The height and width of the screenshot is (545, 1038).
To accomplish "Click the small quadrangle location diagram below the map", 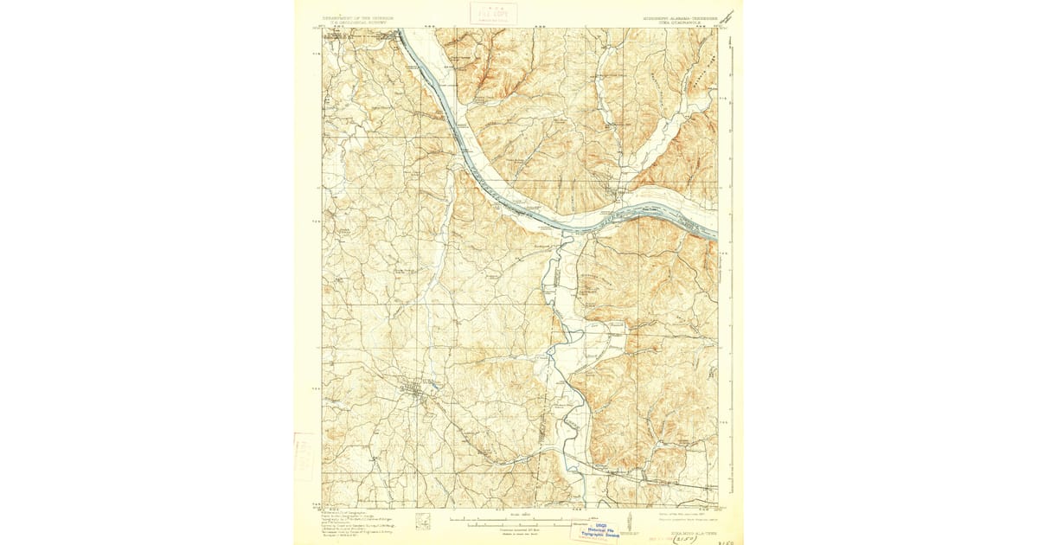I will point(423,521).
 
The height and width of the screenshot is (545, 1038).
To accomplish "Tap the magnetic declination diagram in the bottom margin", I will point(638,525).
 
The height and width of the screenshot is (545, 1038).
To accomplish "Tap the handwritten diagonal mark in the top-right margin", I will point(728,15).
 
